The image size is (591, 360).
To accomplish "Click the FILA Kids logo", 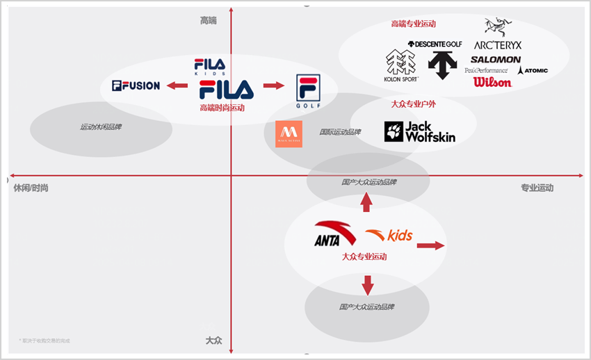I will (209, 67).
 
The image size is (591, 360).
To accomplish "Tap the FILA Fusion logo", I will (136, 86).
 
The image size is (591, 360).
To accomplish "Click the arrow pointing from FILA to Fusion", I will (179, 86).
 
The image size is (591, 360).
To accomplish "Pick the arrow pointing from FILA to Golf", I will (274, 85).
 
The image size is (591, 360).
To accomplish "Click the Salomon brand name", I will (495, 60).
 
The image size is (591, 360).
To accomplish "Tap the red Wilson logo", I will (492, 82).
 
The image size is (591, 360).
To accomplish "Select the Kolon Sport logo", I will (400, 66).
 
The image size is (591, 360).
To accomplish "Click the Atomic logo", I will (533, 70).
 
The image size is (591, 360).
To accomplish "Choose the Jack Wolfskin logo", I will (419, 132).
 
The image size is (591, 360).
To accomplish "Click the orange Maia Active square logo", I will (289, 133).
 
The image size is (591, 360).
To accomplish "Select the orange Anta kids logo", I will (389, 235).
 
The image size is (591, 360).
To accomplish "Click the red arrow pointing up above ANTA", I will (366, 202).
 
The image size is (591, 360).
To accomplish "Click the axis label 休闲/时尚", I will (31, 188).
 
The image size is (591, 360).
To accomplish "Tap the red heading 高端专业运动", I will (413, 24).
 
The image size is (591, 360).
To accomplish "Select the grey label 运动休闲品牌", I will (101, 127).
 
